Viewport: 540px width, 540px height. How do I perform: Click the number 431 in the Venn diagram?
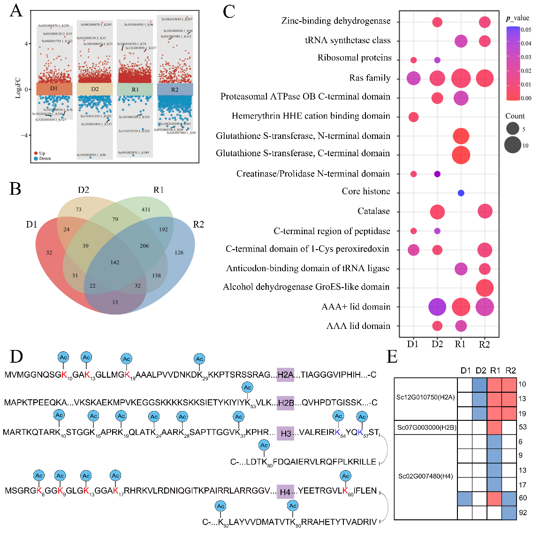pyautogui.click(x=146, y=210)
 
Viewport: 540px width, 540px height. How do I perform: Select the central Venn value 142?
pyautogui.click(x=115, y=262)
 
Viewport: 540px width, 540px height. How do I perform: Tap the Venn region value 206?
pyautogui.click(x=144, y=246)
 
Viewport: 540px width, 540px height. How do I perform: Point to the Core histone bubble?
pyautogui.click(x=461, y=193)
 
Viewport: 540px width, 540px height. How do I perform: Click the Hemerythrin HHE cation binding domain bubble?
pyautogui.click(x=413, y=117)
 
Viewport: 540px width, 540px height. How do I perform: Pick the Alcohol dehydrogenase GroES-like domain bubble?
pyautogui.click(x=485, y=288)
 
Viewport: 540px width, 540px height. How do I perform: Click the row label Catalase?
pyautogui.click(x=373, y=211)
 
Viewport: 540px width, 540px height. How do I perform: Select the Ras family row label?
pyautogui.click(x=370, y=78)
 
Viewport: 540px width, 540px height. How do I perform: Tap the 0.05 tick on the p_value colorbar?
pyautogui.click(x=526, y=30)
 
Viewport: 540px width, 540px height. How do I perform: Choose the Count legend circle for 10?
pyautogui.click(x=513, y=145)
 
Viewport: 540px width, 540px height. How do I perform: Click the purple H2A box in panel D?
pyautogui.click(x=285, y=374)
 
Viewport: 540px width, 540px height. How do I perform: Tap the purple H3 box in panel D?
pyautogui.click(x=285, y=433)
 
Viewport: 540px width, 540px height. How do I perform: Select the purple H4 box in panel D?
pyautogui.click(x=285, y=492)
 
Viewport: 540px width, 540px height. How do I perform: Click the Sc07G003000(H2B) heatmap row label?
pyautogui.click(x=426, y=427)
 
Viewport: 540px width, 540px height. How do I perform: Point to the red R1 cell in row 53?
pyautogui.click(x=494, y=427)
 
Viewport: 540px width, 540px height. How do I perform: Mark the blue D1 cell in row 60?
pyautogui.click(x=465, y=499)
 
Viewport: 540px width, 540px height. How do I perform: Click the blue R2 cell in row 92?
pyautogui.click(x=509, y=513)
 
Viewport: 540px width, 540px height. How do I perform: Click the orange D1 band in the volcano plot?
pyautogui.click(x=54, y=89)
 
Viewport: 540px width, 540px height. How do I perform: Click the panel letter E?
pyautogui.click(x=392, y=357)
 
